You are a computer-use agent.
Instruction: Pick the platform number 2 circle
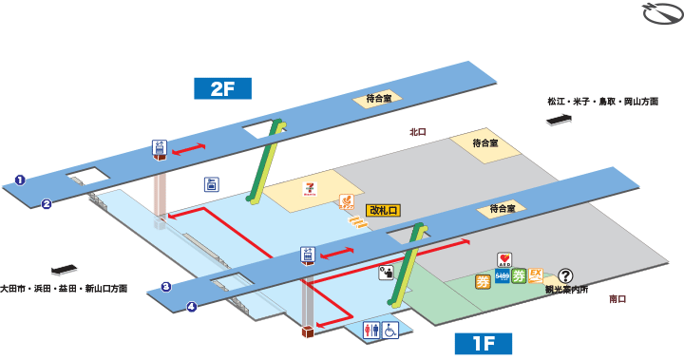click(x=45, y=202)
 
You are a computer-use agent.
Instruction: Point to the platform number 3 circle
click(x=165, y=287)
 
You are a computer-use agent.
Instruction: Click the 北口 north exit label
click(x=418, y=132)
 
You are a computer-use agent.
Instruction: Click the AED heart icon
click(x=504, y=259)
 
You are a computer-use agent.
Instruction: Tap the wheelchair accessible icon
click(x=389, y=330)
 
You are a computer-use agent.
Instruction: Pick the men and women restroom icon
click(x=371, y=330)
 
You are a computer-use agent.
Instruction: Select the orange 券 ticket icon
click(x=483, y=281)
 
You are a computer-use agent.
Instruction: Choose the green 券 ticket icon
click(x=518, y=277)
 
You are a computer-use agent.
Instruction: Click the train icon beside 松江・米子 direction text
click(x=560, y=119)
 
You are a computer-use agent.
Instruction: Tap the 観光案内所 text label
click(x=566, y=290)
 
